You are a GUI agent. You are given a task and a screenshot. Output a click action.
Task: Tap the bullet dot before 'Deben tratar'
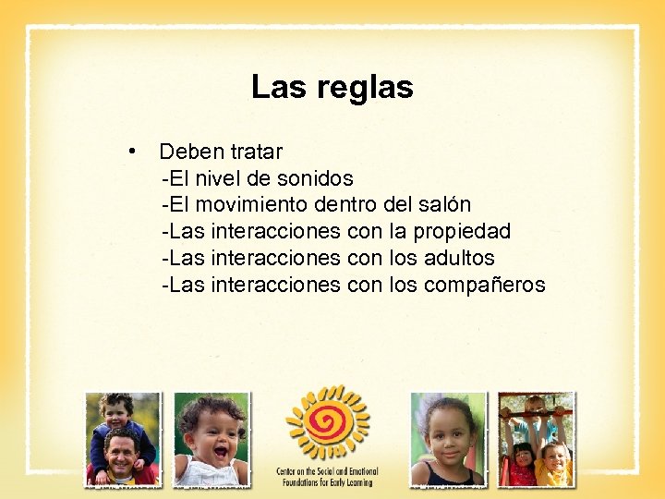(x=134, y=150)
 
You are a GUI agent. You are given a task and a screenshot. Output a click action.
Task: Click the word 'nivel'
(x=216, y=177)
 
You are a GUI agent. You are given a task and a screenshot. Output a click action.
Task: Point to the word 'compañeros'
(x=485, y=285)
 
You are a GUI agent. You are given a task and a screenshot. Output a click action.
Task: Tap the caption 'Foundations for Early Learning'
(x=328, y=481)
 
